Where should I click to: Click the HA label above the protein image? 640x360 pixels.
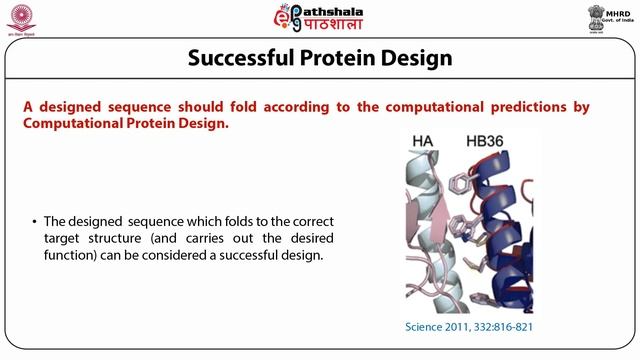[423, 144]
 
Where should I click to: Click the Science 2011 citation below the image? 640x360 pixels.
[467, 327]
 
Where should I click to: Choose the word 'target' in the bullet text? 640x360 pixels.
[64, 238]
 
